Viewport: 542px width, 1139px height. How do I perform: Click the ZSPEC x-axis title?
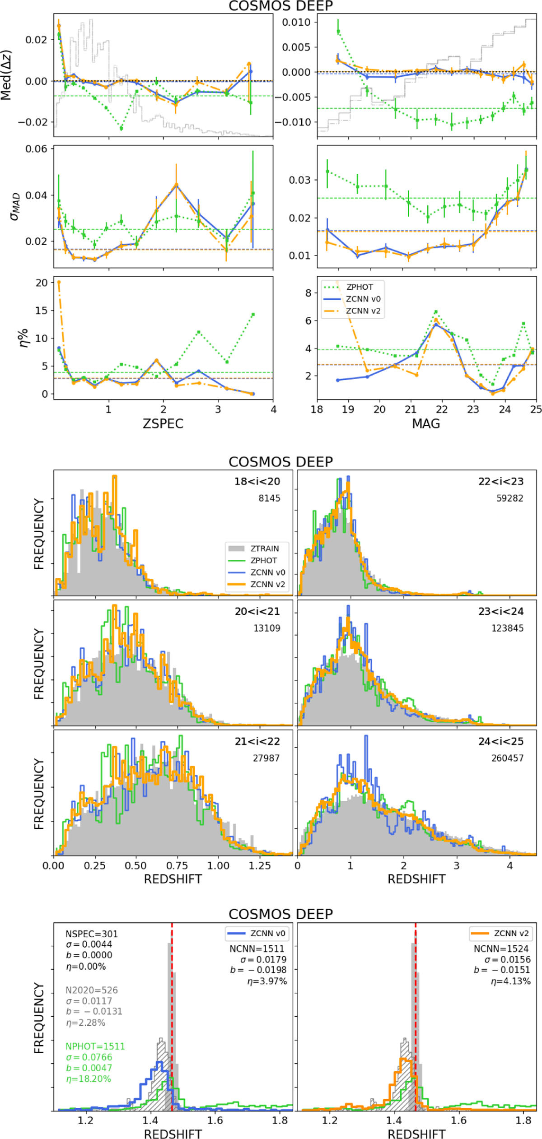[x=163, y=423]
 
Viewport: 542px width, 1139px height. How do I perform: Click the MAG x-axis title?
[x=425, y=423]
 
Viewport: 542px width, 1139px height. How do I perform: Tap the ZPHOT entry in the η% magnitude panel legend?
[x=360, y=287]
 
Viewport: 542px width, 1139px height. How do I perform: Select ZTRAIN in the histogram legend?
[x=265, y=549]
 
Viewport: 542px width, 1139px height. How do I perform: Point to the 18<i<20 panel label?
[x=257, y=482]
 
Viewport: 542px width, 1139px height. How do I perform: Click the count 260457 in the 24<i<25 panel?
[x=507, y=758]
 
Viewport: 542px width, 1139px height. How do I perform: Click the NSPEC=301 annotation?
[x=92, y=934]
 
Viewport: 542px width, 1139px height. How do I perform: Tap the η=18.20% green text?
[x=89, y=1079]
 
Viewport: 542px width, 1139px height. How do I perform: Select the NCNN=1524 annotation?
[x=501, y=949]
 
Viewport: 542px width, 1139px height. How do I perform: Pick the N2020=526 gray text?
[x=92, y=990]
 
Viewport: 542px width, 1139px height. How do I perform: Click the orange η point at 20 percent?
[x=59, y=283]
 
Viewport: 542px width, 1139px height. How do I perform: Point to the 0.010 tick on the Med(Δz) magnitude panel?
[x=296, y=23]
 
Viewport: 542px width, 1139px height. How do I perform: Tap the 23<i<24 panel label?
[x=501, y=612]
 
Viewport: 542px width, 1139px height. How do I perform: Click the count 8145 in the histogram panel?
[x=269, y=498]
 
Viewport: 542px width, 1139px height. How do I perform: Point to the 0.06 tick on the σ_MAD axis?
[x=36, y=149]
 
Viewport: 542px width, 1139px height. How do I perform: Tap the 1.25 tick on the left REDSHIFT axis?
[x=260, y=865]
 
